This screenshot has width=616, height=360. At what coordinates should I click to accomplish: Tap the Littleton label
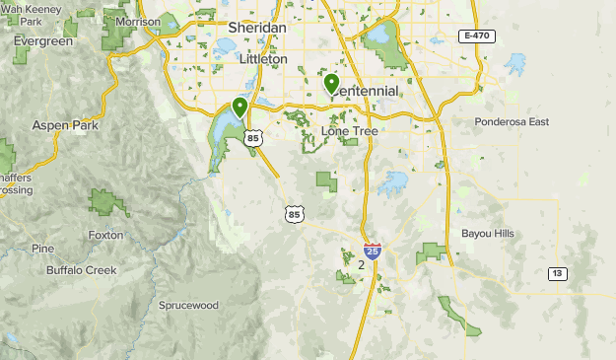pos(263,59)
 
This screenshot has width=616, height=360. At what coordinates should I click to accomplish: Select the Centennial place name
pos(367,92)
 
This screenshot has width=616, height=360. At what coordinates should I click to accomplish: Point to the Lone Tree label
pos(350,131)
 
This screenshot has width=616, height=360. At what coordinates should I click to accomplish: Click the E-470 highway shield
pos(476,36)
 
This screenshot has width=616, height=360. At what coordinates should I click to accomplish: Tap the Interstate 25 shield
pos(372,252)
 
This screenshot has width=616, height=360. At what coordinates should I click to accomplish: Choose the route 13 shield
pos(559,273)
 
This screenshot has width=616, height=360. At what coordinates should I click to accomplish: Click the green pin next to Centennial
pos(332,84)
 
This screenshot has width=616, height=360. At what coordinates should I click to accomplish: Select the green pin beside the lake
pos(240,107)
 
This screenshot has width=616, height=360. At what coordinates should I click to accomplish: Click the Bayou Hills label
pos(488,234)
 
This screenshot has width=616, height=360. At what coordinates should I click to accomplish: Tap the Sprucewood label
pos(188,306)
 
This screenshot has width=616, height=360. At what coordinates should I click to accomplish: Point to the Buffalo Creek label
pos(81,269)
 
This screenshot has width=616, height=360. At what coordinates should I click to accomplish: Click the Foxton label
pos(105,236)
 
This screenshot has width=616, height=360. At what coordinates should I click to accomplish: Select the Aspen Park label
pos(62,125)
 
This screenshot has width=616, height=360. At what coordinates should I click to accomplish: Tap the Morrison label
pos(137,21)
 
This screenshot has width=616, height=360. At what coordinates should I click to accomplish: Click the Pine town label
pos(42,249)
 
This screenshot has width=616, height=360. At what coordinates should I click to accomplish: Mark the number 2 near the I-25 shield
pos(362,265)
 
